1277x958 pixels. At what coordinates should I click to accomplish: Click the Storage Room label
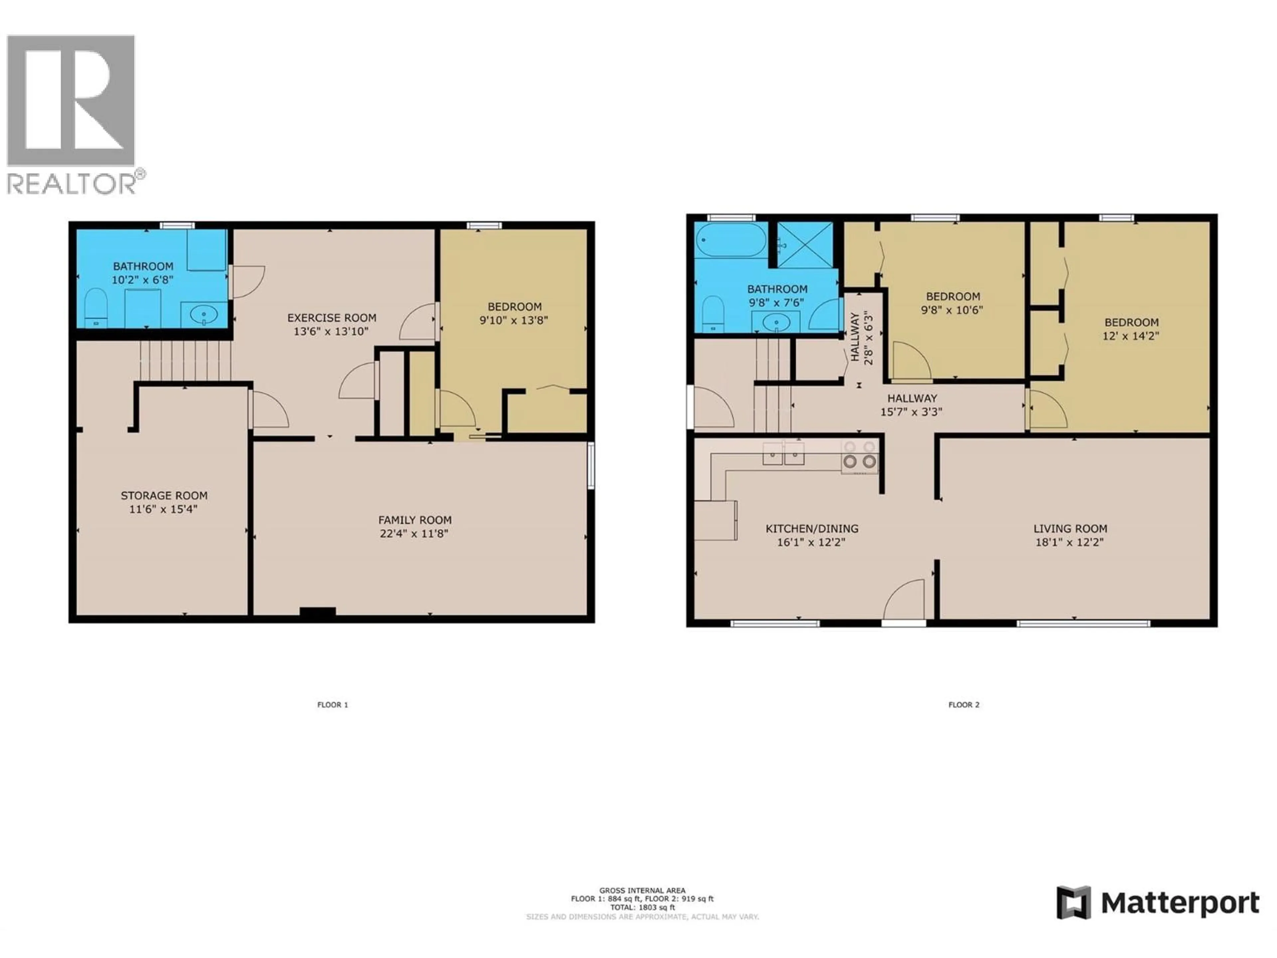click(x=164, y=495)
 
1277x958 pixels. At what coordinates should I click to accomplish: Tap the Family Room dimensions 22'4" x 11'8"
click(x=414, y=534)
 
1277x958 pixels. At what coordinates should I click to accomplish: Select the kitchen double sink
click(x=783, y=453)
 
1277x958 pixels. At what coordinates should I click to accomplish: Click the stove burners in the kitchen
click(x=860, y=456)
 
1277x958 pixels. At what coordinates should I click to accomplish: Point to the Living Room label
click(x=1070, y=528)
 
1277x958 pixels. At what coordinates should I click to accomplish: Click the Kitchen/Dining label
click(x=812, y=528)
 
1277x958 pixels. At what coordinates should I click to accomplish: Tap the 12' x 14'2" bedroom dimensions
click(x=1131, y=336)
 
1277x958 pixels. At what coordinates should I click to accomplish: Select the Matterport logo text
click(x=1180, y=902)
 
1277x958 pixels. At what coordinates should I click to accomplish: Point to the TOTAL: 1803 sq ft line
click(x=642, y=907)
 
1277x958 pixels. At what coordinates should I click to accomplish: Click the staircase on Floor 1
click(x=185, y=360)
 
